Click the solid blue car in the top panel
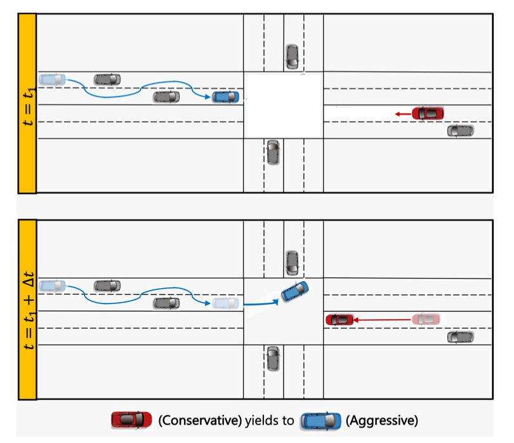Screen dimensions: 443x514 [226, 96]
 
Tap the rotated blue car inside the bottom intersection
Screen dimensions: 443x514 [294, 291]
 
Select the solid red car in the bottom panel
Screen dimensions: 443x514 [339, 319]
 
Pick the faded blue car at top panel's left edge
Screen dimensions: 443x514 [51, 79]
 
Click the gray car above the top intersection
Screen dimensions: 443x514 [292, 56]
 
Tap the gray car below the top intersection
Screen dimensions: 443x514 [273, 152]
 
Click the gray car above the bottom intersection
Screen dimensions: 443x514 [292, 263]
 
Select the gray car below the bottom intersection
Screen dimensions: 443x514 [273, 359]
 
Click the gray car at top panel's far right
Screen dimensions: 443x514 [460, 131]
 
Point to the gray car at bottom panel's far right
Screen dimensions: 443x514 [460, 337]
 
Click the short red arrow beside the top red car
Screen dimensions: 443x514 [402, 113]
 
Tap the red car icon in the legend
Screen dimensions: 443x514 [131, 420]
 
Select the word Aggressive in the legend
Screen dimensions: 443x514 [381, 420]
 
